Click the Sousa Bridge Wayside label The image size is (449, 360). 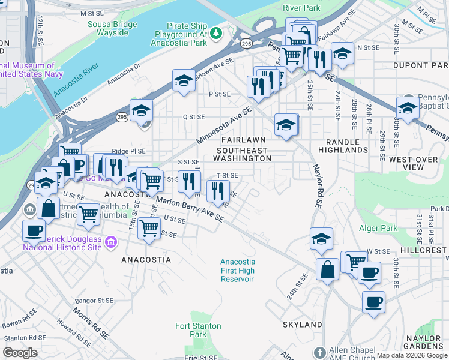113,28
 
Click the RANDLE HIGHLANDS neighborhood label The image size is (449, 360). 343,145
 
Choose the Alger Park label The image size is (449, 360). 378,228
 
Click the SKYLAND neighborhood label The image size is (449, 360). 303,325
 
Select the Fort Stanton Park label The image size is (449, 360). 198,330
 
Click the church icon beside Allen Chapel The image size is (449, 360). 319,351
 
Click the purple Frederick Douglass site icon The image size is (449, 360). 110,242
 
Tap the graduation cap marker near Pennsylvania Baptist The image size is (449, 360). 407,109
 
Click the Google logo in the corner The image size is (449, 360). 20,353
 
